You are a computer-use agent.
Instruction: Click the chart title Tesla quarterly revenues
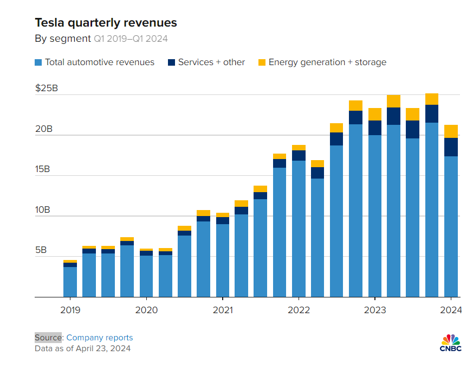[106, 23]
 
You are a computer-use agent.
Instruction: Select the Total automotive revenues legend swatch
[38, 62]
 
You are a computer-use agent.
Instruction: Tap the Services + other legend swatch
[171, 62]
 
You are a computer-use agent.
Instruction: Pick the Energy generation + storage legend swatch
[262, 62]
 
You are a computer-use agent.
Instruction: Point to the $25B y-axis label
[46, 88]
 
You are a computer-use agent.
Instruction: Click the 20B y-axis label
[44, 129]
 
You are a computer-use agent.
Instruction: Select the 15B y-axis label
[44, 169]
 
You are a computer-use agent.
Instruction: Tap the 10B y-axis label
[44, 210]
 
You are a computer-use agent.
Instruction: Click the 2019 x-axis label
[70, 310]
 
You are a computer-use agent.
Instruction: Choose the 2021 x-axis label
[223, 310]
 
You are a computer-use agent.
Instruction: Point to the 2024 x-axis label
[451, 310]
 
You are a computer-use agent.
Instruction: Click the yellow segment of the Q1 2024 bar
[451, 131]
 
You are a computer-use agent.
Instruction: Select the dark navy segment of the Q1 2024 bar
[451, 147]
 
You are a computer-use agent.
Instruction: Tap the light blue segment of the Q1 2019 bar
[70, 282]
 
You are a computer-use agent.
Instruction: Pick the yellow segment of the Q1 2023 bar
[375, 114]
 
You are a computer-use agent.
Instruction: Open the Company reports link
[100, 338]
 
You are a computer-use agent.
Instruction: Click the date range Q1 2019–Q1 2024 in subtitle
[131, 39]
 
